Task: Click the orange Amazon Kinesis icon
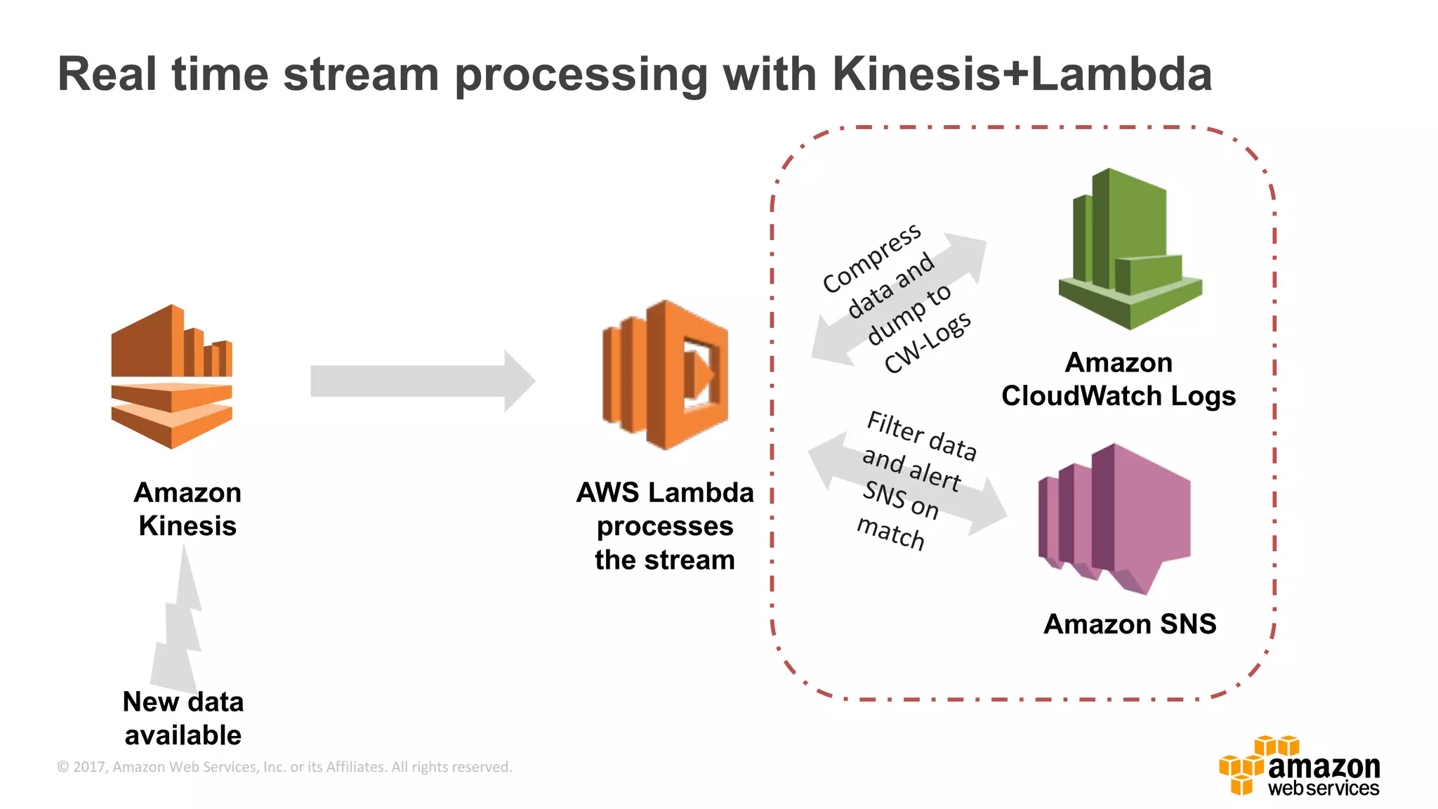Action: (171, 377)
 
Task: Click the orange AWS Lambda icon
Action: (664, 375)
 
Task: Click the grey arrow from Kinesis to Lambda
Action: (421, 381)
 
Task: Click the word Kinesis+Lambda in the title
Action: (1022, 74)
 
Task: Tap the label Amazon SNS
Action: (1129, 624)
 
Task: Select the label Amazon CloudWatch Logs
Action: (1118, 379)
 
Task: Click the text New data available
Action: (183, 718)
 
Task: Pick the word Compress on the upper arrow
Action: (871, 258)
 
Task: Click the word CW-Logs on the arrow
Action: (927, 343)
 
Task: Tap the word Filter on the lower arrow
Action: (895, 426)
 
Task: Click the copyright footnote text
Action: (284, 767)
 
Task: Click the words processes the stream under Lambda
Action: (664, 543)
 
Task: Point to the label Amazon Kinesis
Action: (187, 509)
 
